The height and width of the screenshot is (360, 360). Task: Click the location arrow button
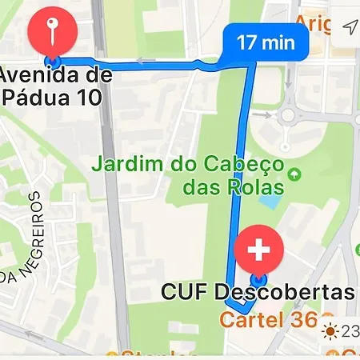(350, 29)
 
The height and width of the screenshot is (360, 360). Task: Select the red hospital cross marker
(258, 250)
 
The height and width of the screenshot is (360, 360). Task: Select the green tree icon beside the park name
(296, 174)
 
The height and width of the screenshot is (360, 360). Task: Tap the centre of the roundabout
(287, 116)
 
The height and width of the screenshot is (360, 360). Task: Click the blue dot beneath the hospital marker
(258, 279)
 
